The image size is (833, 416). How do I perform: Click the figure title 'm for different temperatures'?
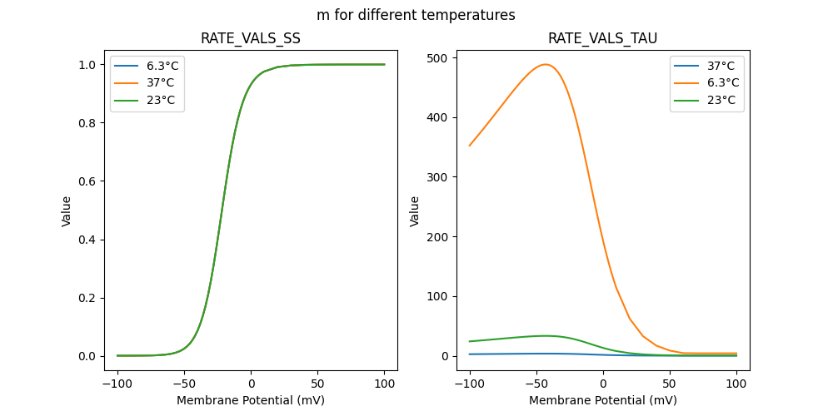(x=416, y=15)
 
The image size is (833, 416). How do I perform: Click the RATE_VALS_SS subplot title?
(x=251, y=38)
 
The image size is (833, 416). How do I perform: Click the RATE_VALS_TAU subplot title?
(x=602, y=38)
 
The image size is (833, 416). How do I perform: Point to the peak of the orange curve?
(x=546, y=64)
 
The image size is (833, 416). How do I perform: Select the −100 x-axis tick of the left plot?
(x=117, y=385)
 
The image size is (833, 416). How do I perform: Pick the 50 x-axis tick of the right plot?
(x=670, y=385)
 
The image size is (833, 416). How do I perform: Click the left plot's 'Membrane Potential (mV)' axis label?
(x=251, y=400)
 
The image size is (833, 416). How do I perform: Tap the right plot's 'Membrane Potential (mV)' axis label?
(x=602, y=400)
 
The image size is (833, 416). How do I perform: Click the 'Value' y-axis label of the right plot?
(x=414, y=211)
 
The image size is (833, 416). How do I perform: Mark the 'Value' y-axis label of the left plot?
(x=67, y=211)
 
